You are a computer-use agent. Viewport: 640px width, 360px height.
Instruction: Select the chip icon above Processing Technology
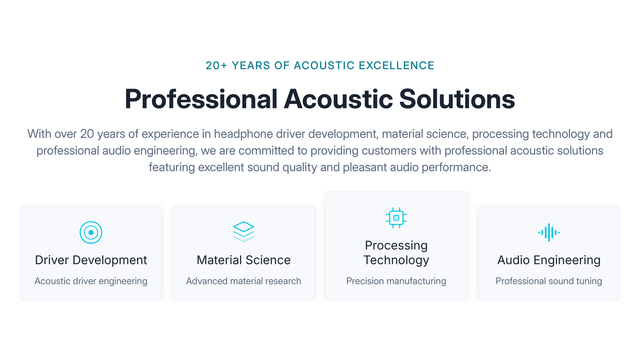(x=396, y=218)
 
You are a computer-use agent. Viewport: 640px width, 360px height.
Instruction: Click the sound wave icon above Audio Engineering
(x=549, y=232)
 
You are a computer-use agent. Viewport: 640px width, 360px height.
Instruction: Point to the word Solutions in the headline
(x=457, y=99)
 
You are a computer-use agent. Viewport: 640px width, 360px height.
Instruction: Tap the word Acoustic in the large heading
(x=338, y=99)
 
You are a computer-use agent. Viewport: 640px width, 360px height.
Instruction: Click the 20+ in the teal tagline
(x=216, y=65)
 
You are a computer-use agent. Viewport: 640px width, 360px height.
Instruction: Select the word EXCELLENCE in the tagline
(x=396, y=65)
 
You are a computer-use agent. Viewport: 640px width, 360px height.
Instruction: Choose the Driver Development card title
(x=91, y=260)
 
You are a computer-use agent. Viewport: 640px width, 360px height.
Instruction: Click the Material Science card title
(x=244, y=260)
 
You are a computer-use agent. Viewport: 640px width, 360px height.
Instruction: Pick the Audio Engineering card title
(x=549, y=260)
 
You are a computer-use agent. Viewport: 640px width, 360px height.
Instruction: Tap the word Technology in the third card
(x=396, y=260)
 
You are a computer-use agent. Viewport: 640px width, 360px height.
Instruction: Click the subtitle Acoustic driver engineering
(x=91, y=281)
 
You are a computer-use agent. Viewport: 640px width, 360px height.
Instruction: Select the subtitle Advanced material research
(x=244, y=281)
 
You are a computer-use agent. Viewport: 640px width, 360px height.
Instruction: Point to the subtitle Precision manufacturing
(x=396, y=281)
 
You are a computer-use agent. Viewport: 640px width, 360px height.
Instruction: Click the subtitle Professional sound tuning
(x=549, y=281)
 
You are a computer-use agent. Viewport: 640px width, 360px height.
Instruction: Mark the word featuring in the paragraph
(x=172, y=168)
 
